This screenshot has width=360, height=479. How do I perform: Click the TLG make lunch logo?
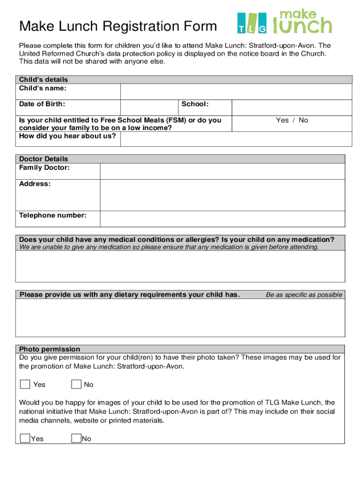click(x=284, y=22)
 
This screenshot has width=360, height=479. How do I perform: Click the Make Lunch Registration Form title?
click(x=118, y=26)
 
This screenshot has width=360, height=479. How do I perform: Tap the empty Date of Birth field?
click(x=149, y=107)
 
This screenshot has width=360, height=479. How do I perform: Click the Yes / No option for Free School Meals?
click(x=292, y=120)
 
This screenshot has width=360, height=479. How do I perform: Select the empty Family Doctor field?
click(x=223, y=171)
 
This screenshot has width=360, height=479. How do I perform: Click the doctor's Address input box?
click(x=223, y=195)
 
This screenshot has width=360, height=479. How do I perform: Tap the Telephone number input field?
click(x=223, y=218)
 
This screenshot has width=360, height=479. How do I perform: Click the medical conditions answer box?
click(x=180, y=266)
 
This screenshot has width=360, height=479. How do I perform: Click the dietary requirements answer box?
click(x=180, y=318)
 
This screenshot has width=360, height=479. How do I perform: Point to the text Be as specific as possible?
click(x=304, y=295)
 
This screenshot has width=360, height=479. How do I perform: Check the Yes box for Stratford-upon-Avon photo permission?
click(x=25, y=384)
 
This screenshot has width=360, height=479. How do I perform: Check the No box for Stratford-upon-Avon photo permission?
click(x=76, y=384)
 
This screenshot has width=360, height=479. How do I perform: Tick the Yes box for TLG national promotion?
click(x=25, y=438)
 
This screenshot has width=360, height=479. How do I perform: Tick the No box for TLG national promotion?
click(x=76, y=438)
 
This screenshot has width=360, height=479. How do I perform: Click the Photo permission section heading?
click(x=50, y=349)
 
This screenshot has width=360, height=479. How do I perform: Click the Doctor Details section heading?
click(x=43, y=159)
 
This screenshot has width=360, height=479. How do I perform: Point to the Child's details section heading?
click(x=43, y=80)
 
